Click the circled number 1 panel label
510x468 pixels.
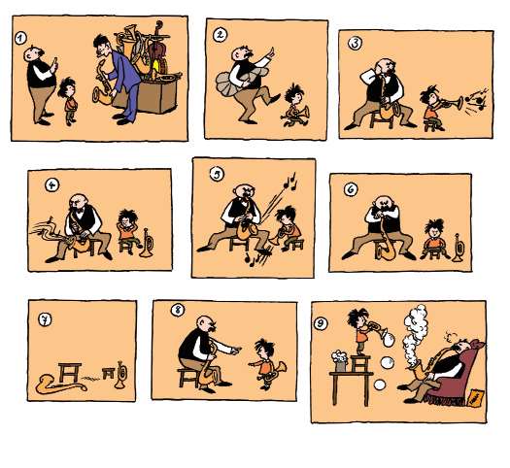point(20,38)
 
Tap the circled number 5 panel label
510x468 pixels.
point(217,174)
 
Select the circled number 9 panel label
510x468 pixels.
point(321,323)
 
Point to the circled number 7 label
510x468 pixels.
point(45,319)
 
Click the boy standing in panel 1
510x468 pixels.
point(69,101)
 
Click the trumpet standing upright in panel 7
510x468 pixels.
point(121,375)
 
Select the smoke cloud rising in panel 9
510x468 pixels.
point(414,335)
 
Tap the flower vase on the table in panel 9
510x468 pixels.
point(339,361)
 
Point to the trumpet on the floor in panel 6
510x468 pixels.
point(459,248)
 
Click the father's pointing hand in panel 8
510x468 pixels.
point(236,350)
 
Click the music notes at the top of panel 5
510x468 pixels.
point(290,183)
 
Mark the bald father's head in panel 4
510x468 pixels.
point(78,203)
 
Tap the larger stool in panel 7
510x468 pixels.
point(70,373)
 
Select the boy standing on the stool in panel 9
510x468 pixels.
point(358,331)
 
